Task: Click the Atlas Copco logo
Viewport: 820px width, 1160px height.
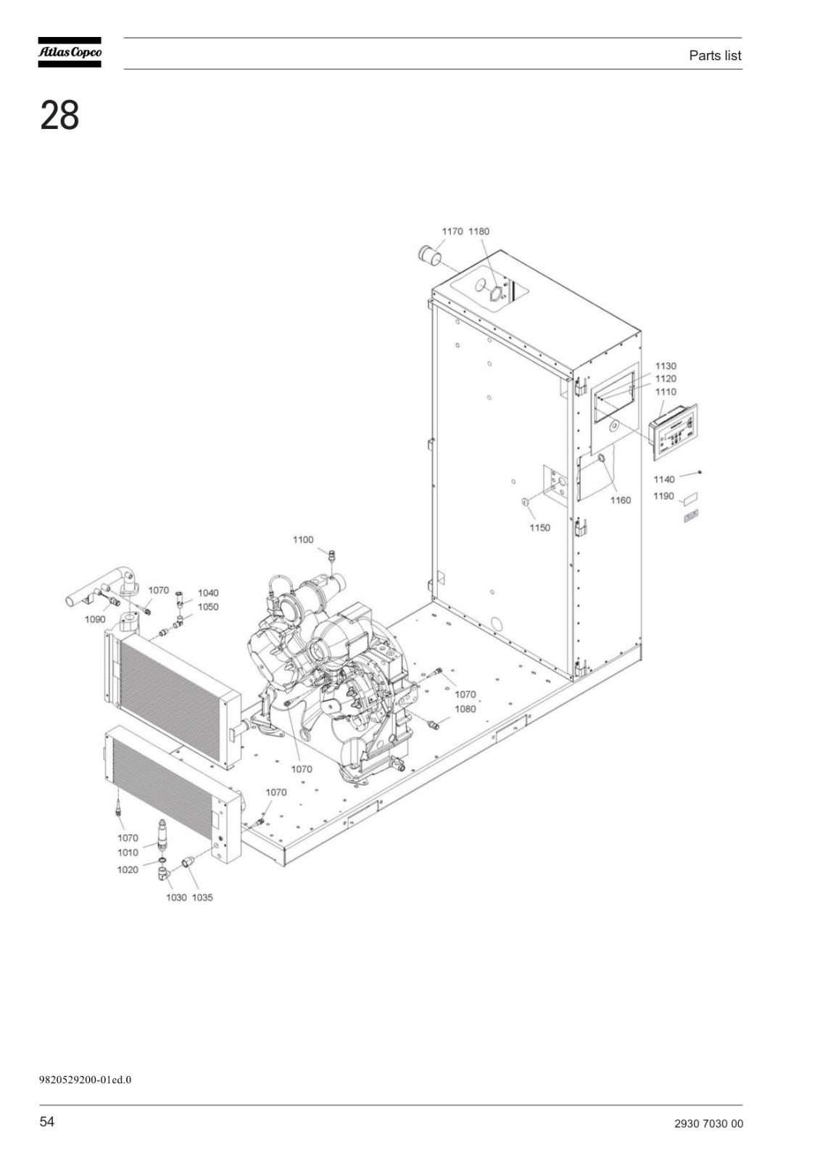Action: coord(70,52)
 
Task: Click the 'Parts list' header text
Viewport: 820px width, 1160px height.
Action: coord(714,55)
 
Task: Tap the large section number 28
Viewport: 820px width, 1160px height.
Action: coord(59,115)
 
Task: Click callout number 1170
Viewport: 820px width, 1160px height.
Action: coord(452,231)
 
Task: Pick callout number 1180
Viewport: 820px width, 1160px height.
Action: coord(479,231)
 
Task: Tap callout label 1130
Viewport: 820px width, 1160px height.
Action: coord(666,366)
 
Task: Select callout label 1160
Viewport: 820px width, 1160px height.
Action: coord(620,500)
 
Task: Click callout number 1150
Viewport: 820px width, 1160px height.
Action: coord(539,528)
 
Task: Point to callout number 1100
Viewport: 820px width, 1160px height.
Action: coord(303,539)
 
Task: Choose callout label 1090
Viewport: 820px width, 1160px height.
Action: coord(95,619)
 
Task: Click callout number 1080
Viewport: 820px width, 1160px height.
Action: coord(465,709)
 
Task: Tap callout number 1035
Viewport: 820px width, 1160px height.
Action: coord(202,898)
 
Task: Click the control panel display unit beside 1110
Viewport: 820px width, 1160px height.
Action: coord(673,432)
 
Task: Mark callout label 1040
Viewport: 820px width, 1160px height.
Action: coord(208,593)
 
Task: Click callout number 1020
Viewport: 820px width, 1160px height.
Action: coord(128,870)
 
